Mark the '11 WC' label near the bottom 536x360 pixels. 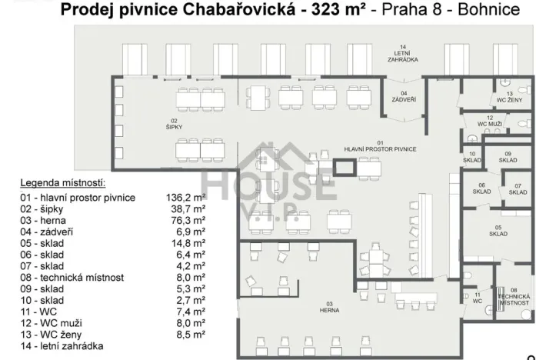478,298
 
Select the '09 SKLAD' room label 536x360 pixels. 508,157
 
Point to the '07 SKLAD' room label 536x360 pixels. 518,189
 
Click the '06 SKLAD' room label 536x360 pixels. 482,189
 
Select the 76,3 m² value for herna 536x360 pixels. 188,221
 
